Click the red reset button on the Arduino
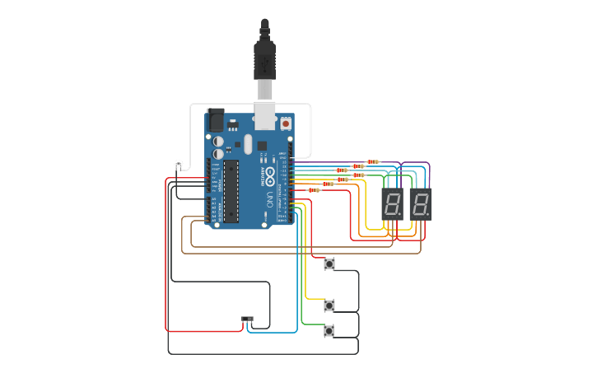coord(286,124)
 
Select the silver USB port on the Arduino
coord(264,116)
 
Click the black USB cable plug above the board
coord(264,62)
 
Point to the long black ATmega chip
coord(231,191)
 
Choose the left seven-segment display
coord(392,204)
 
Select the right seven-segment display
coord(420,204)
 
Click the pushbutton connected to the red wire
coord(329,263)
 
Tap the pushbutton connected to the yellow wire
coord(329,305)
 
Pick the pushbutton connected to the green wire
coord(329,330)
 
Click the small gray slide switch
coord(247,319)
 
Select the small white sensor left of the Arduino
coord(178,164)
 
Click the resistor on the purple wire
coord(373,162)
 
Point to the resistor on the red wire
coord(313,190)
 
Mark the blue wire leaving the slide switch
coord(280,333)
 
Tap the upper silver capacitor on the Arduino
coord(218,141)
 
